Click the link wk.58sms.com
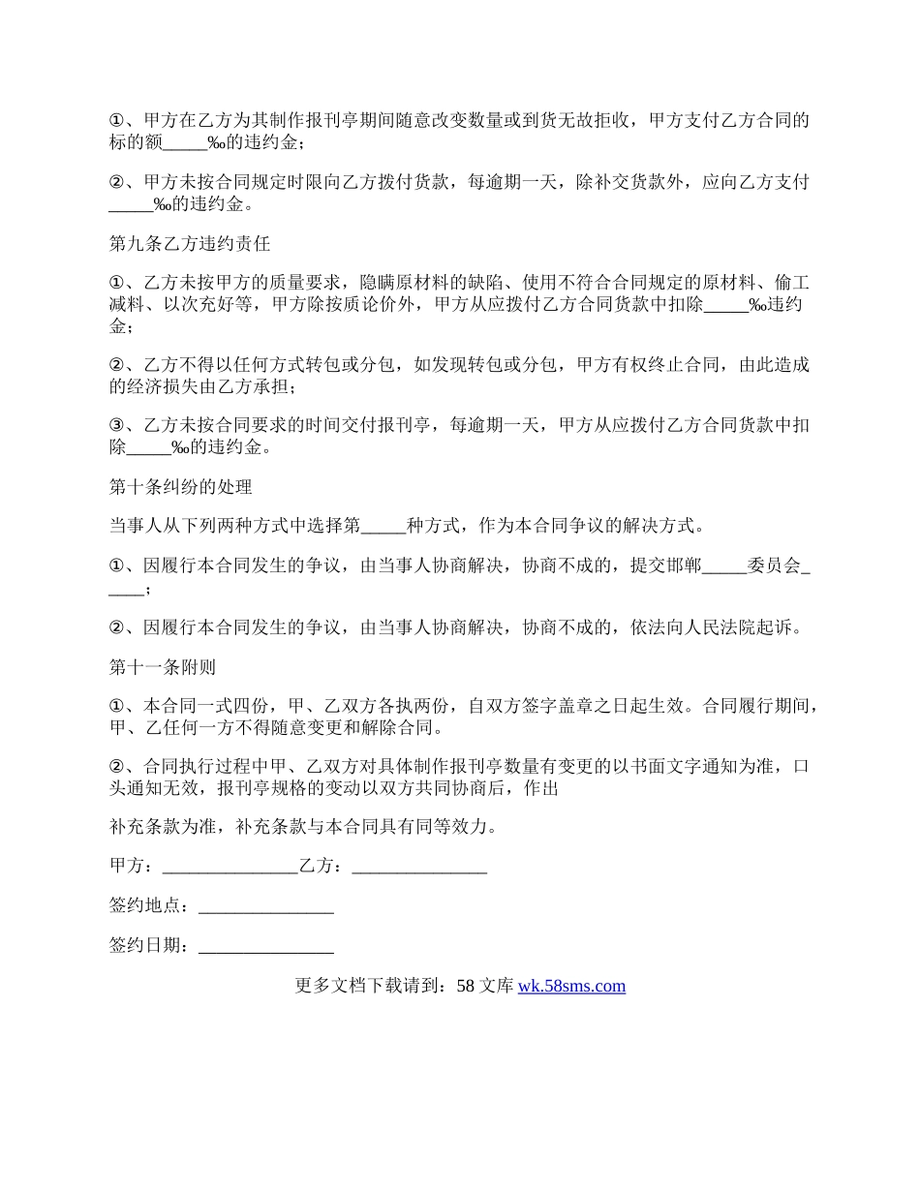tap(571, 987)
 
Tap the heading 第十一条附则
tap(163, 667)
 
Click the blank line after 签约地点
tap(265, 906)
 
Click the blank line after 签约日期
tap(265, 946)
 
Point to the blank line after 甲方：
tap(230, 867)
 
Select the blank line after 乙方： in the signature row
tap(419, 867)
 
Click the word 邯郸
tap(683, 567)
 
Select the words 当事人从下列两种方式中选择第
tap(234, 527)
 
